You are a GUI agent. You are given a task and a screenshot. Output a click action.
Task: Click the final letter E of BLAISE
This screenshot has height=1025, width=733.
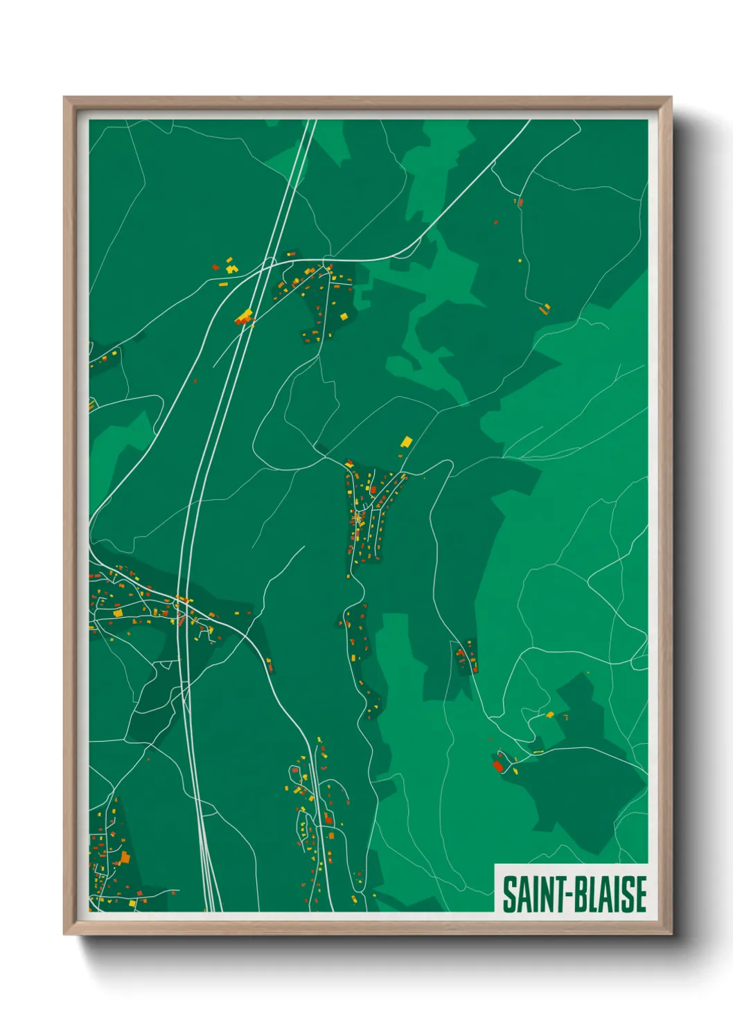point(640,894)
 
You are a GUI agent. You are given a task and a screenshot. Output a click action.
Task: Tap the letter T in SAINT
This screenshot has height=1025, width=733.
point(552,894)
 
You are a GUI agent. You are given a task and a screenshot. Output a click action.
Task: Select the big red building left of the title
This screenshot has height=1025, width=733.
point(497,766)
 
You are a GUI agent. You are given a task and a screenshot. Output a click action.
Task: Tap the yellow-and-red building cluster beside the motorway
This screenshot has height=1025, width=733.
point(244,317)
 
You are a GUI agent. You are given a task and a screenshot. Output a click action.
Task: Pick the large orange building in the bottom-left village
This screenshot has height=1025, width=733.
point(125,857)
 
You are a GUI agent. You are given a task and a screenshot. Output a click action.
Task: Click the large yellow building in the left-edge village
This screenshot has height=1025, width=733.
point(118,612)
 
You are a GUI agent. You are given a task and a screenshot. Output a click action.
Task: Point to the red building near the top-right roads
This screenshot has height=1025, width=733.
point(520,203)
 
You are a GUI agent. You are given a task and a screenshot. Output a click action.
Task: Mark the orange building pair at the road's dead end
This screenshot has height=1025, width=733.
point(545,308)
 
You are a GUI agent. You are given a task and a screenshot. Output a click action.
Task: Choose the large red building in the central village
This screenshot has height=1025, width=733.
point(373,490)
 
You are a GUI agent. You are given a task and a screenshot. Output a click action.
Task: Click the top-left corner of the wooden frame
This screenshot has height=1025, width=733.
point(64,98)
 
